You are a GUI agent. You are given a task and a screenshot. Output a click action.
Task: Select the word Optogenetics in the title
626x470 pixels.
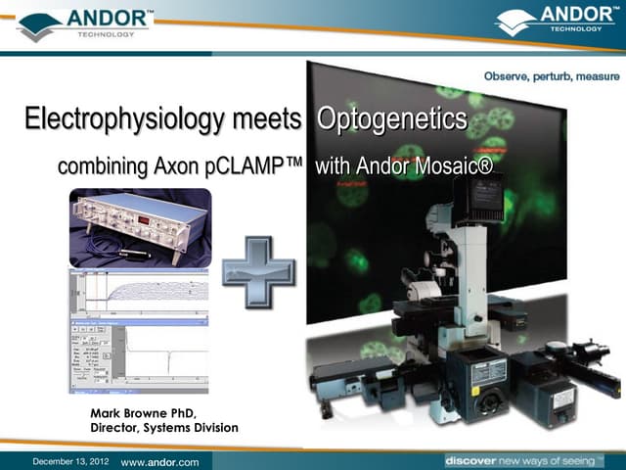point(391,120)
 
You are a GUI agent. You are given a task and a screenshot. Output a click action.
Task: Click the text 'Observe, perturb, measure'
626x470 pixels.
point(552,77)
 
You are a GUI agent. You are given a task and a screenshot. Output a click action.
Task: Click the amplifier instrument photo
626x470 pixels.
point(140,228)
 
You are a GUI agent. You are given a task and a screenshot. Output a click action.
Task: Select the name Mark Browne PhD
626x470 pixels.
point(146,412)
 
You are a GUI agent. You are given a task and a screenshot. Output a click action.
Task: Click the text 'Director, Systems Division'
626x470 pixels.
point(163,428)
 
